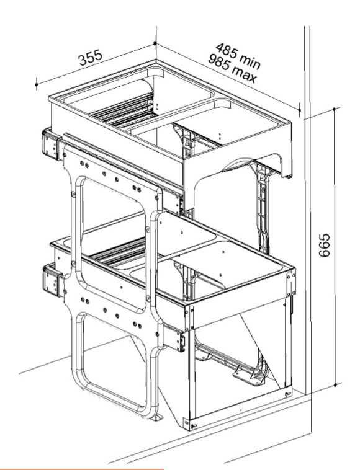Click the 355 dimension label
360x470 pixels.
click(x=90, y=58)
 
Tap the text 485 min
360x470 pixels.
click(x=238, y=56)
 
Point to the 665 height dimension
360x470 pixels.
click(x=324, y=245)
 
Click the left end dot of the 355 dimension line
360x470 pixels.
click(x=36, y=85)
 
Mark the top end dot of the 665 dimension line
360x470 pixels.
click(x=335, y=109)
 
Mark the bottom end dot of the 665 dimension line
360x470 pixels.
click(x=335, y=384)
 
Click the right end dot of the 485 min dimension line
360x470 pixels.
click(x=299, y=110)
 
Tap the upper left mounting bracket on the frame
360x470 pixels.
click(x=51, y=144)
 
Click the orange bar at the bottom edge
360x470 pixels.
click(x=81, y=469)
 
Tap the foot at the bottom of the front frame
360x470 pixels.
click(x=156, y=416)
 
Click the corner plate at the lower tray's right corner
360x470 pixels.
click(x=290, y=282)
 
